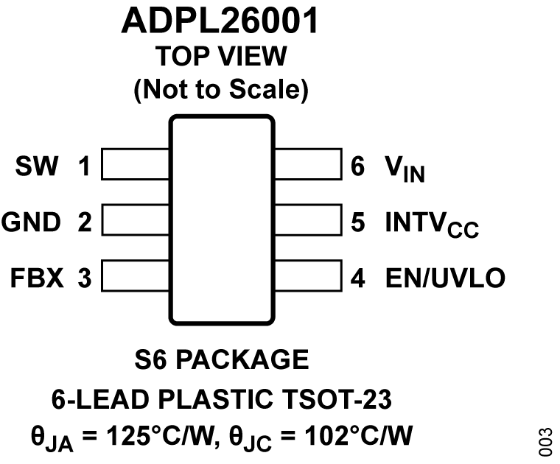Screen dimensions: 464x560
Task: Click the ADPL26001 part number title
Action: click(x=220, y=22)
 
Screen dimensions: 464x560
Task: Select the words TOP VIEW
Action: click(x=220, y=56)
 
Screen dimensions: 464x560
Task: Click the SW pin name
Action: click(x=36, y=167)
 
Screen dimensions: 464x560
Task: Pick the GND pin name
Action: click(x=30, y=222)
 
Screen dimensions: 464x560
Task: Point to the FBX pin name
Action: click(x=36, y=278)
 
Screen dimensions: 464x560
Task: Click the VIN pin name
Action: click(x=405, y=169)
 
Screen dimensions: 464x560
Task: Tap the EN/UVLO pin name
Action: click(x=445, y=278)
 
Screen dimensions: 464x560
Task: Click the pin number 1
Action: click(x=84, y=167)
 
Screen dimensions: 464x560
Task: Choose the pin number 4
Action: click(x=358, y=278)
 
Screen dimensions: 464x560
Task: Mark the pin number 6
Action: click(x=358, y=167)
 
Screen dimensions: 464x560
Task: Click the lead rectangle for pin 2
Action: click(x=136, y=220)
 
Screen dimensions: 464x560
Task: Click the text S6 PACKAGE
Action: click(x=221, y=359)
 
